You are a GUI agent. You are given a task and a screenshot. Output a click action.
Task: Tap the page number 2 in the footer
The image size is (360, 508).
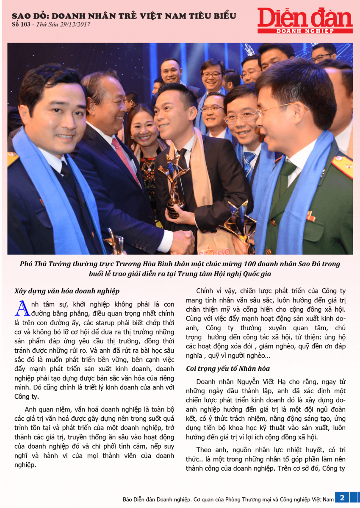click(x=342, y=497)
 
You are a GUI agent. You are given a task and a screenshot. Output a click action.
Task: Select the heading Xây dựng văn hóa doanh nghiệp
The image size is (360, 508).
click(x=67, y=291)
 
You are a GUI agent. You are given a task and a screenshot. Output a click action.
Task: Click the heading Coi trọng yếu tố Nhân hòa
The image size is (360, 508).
click(x=228, y=368)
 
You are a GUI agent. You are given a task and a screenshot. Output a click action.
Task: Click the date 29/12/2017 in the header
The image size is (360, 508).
click(x=76, y=25)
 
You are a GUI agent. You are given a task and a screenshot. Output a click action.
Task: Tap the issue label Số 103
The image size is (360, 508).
click(x=21, y=25)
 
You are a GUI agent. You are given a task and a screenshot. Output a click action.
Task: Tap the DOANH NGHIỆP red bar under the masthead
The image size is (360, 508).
click(x=305, y=30)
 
